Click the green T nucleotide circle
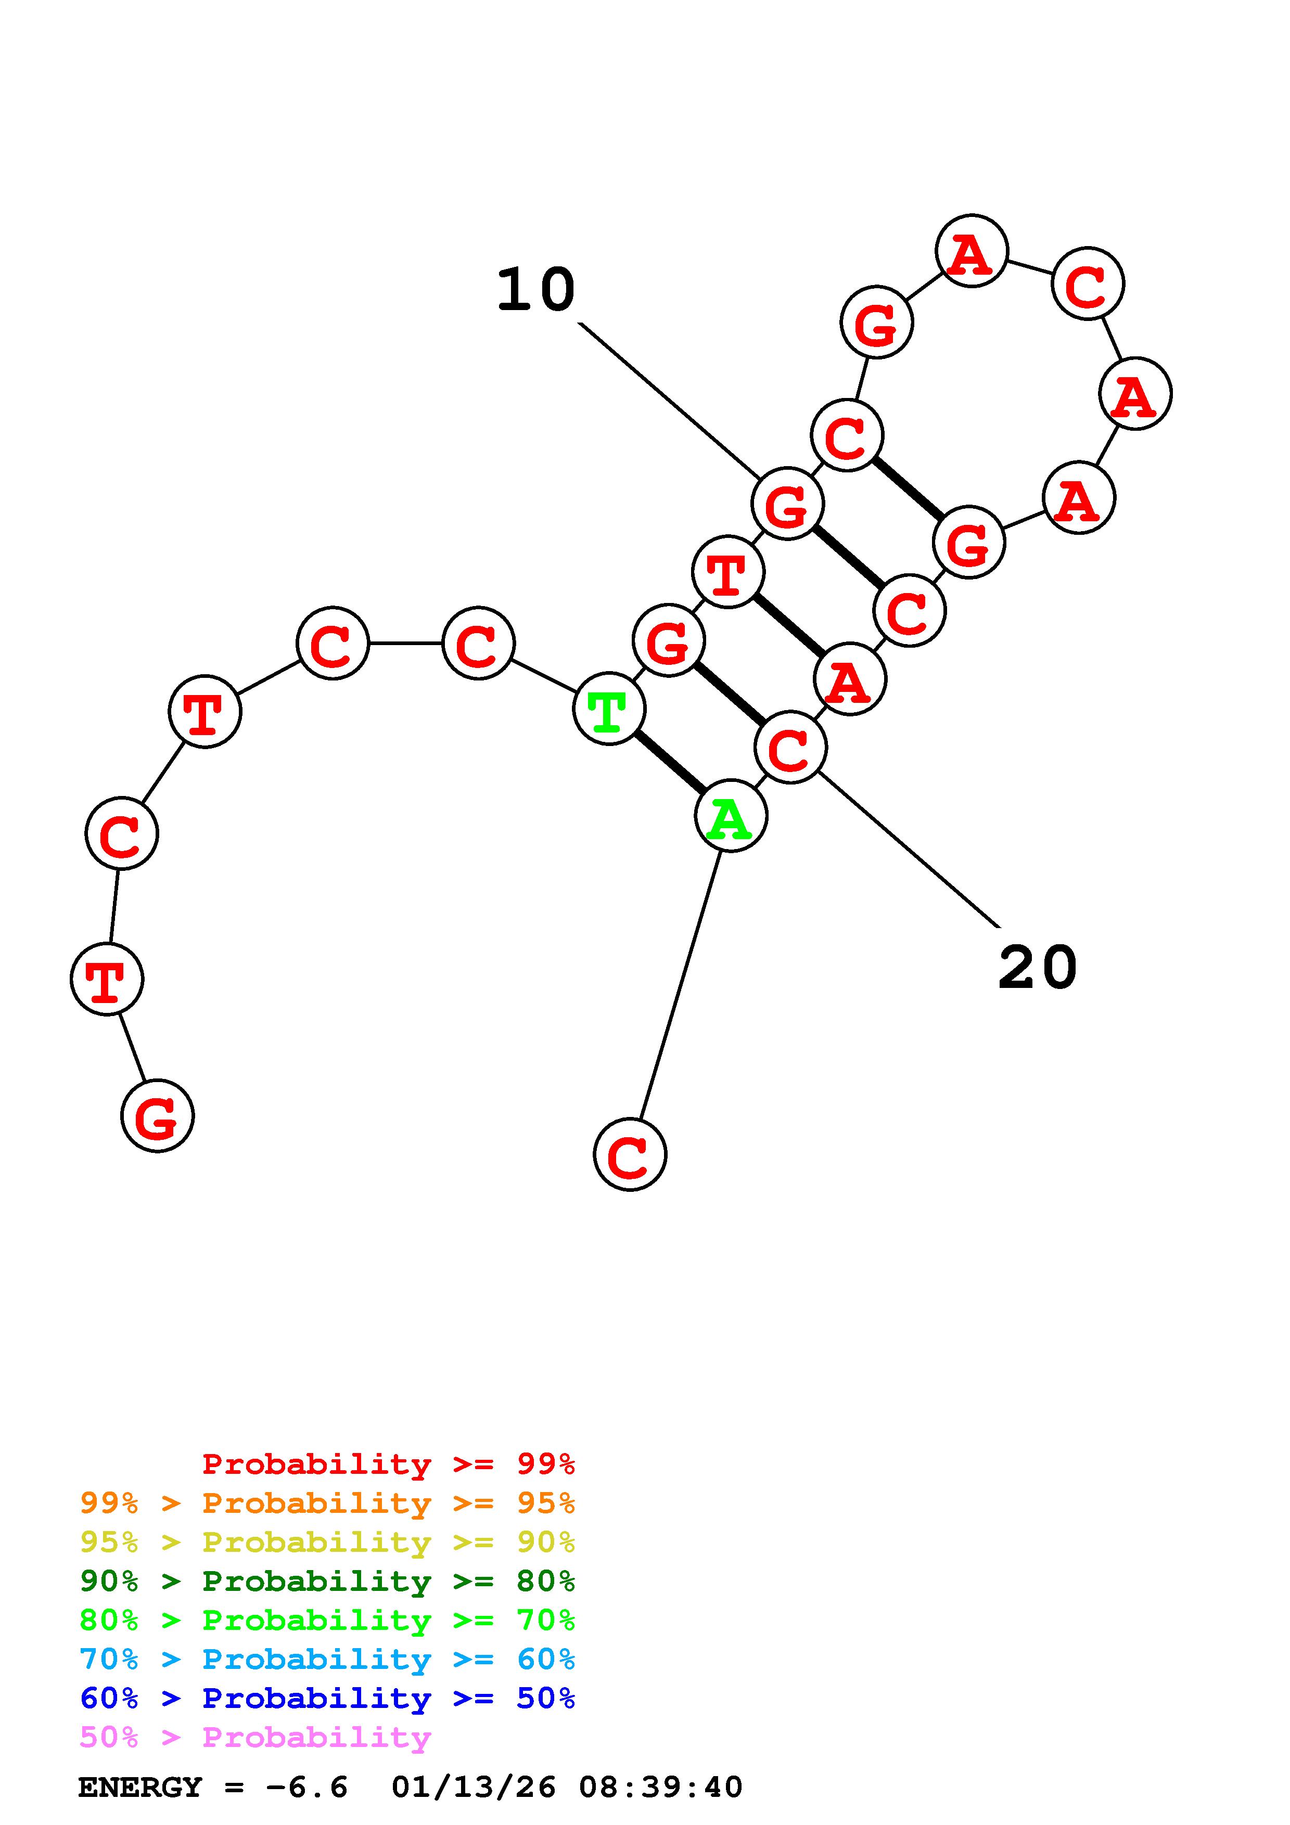pyautogui.click(x=609, y=709)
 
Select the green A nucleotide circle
pyautogui.click(x=731, y=816)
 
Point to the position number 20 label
pyautogui.click(x=1037, y=968)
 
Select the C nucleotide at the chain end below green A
pyautogui.click(x=630, y=1154)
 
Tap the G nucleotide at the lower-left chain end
pyautogui.click(x=157, y=1116)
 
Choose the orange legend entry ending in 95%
pyautogui.click(x=327, y=1503)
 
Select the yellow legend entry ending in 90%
pyautogui.click(x=327, y=1542)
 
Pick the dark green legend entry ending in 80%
pyautogui.click(x=327, y=1581)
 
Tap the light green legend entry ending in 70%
pyautogui.click(x=327, y=1620)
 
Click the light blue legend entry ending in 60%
pyautogui.click(x=327, y=1659)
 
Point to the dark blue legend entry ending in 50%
pyautogui.click(x=327, y=1698)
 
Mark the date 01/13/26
pyautogui.click(x=474, y=1788)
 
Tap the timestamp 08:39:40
pyautogui.click(x=660, y=1788)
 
